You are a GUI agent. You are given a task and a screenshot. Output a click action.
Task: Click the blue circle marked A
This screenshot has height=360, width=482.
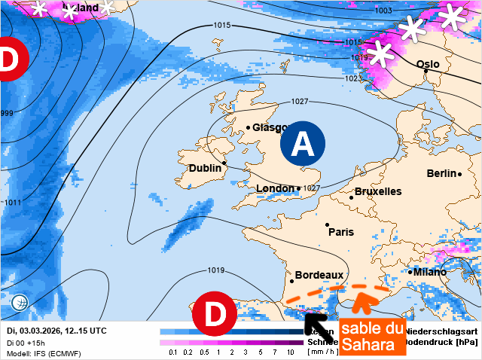click(303, 143)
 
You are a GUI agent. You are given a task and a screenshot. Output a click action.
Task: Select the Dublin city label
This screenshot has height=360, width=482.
click(205, 168)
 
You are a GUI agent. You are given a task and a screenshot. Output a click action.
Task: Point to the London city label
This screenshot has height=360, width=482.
click(275, 188)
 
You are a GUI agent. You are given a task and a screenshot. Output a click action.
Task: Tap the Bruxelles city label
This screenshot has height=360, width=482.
click(378, 191)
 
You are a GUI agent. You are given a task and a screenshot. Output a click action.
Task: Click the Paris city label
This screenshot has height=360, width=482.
click(341, 232)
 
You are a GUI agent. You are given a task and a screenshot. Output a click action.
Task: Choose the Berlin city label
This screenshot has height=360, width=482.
click(442, 173)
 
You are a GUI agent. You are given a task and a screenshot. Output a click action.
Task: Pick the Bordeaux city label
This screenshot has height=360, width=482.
click(319, 276)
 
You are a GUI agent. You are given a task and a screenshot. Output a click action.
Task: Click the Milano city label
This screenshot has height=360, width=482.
click(428, 272)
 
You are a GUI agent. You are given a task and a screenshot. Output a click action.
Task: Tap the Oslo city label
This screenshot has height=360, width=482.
click(428, 65)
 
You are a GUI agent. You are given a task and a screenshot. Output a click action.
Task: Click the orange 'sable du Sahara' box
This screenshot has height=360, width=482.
click(372, 336)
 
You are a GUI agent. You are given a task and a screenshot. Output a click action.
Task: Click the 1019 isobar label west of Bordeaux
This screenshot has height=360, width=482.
click(216, 270)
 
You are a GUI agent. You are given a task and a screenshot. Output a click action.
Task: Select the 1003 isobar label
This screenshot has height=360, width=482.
click(383, 11)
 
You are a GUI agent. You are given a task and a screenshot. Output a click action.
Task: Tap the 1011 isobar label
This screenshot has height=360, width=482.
click(13, 203)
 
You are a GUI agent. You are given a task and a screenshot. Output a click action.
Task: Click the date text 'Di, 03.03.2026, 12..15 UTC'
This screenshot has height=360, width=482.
click(56, 331)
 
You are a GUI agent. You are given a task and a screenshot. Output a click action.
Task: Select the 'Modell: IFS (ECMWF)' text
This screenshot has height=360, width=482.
click(44, 353)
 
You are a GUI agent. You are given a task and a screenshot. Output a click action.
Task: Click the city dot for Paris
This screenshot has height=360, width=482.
click(327, 224)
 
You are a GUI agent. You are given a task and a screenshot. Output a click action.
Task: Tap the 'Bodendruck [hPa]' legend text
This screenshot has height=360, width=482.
click(441, 342)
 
